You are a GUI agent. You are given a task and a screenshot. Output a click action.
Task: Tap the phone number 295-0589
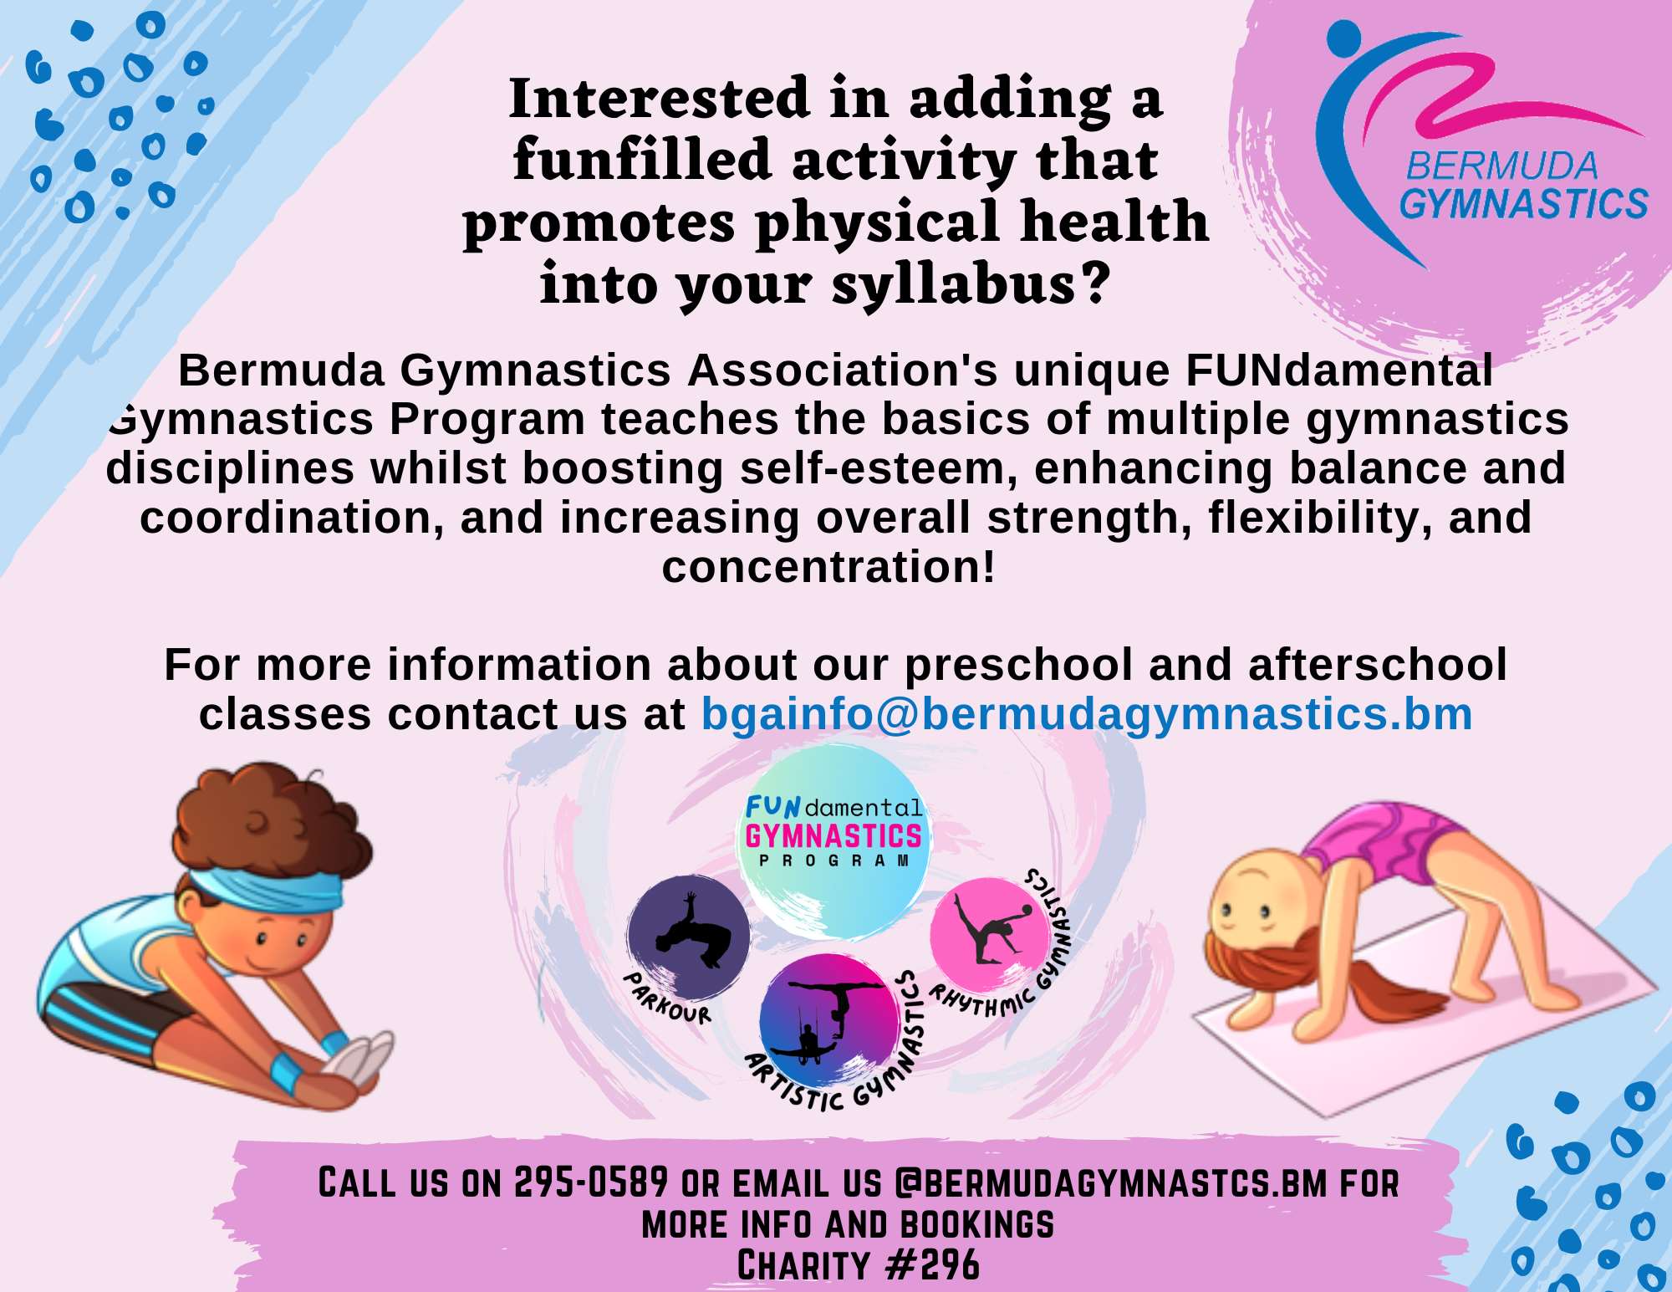tap(591, 1182)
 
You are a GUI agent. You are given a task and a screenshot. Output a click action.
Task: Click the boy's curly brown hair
tap(268, 824)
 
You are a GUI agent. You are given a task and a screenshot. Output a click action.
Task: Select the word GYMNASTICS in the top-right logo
tap(1523, 204)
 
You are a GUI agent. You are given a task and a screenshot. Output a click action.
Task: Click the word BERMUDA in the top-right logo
tap(1501, 166)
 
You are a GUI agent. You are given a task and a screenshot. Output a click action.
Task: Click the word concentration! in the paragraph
tap(828, 567)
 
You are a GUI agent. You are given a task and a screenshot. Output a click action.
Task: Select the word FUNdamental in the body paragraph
tap(1338, 370)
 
